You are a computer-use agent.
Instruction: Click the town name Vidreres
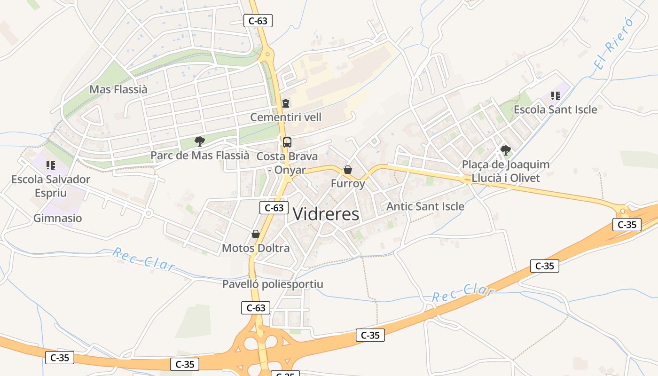326,214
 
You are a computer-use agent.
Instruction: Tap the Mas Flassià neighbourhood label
118,89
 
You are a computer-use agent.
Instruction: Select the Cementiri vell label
286,117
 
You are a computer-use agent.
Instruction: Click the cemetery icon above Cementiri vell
286,103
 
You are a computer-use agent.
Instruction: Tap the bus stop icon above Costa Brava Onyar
287,142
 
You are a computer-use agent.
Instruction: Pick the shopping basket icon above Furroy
348,170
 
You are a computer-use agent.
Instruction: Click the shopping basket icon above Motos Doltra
256,234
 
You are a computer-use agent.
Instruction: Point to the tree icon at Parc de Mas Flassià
200,141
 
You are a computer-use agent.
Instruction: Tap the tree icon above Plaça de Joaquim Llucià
506,150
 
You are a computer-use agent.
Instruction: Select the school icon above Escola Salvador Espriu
51,165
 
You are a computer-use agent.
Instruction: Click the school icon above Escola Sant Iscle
556,96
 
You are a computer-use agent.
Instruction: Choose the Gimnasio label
58,218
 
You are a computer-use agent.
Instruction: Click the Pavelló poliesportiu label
273,284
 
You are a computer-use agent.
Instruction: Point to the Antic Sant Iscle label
425,206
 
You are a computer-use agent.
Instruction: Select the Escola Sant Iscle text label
556,110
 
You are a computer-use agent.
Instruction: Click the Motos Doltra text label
256,248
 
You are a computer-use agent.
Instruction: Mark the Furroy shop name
348,183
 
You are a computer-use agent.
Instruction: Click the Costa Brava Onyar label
287,163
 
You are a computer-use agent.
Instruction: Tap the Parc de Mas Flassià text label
200,155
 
